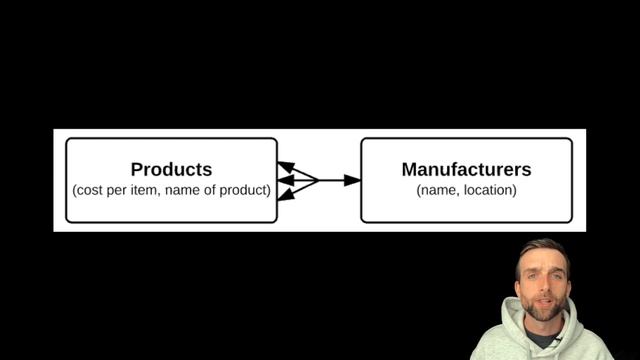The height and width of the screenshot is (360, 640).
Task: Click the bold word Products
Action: coord(171,169)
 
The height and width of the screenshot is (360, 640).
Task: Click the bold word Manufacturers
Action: coord(467,169)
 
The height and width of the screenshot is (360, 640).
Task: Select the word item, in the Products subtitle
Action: coord(146,190)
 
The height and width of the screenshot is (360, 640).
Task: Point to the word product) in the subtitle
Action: coord(245,190)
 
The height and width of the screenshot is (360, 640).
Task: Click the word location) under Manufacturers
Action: coord(490,190)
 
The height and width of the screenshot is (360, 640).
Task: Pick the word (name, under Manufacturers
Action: coord(438,190)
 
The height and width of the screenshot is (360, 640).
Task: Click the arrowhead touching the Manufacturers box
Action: coord(352,180)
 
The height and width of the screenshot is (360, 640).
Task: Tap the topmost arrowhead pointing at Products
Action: coord(286,167)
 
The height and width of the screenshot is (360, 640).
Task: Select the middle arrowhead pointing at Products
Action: coord(286,180)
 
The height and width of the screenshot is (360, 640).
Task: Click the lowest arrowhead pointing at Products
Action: coord(286,194)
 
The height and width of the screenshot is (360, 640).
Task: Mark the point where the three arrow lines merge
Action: coord(318,180)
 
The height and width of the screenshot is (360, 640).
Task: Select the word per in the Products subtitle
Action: coord(117,191)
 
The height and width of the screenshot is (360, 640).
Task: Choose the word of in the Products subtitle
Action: coord(209,190)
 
